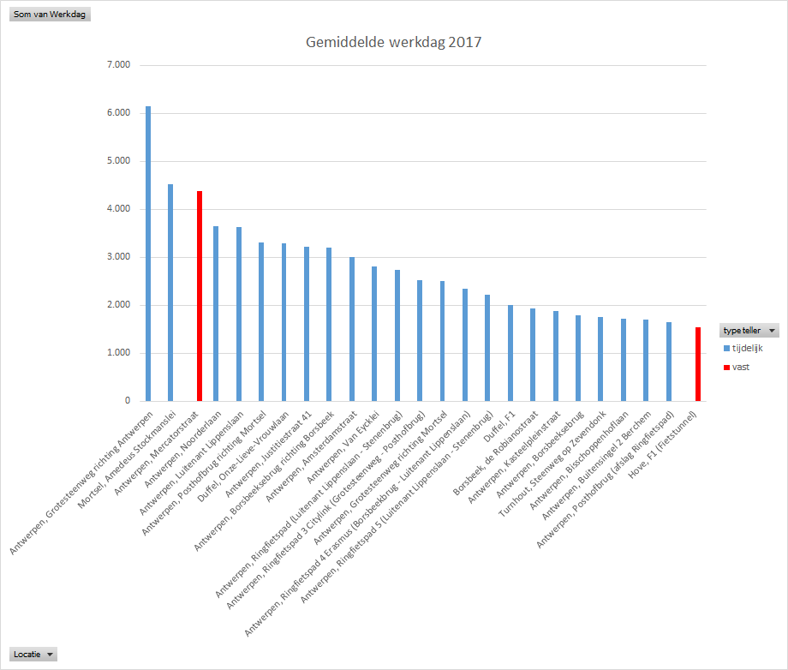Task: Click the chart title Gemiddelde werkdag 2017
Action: point(393,42)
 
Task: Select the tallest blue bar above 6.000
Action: point(148,257)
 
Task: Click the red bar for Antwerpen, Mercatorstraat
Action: point(200,296)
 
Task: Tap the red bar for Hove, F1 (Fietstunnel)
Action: point(697,364)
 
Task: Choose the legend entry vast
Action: point(741,367)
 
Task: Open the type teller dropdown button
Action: point(773,330)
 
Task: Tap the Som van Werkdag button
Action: point(49,15)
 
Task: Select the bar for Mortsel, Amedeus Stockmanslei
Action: point(170,291)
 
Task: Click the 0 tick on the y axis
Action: point(126,401)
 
